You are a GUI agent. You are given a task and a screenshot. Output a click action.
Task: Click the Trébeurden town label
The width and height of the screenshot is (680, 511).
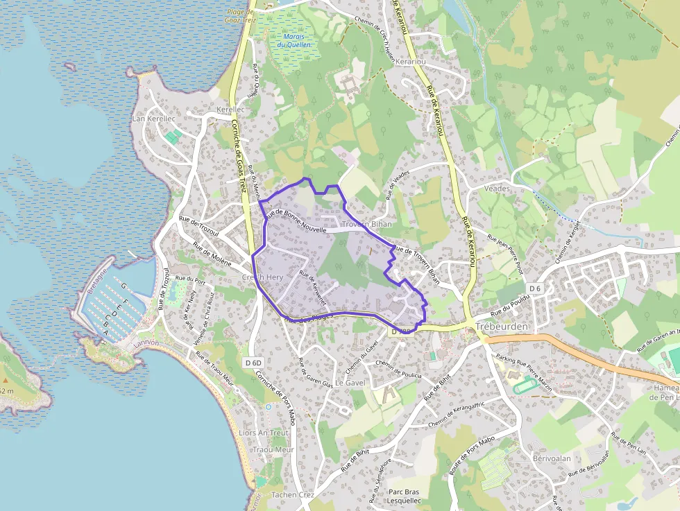point(502,327)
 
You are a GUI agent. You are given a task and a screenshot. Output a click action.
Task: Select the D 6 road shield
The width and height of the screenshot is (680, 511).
point(534,288)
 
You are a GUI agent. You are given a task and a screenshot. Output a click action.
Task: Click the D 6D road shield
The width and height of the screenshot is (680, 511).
point(254,363)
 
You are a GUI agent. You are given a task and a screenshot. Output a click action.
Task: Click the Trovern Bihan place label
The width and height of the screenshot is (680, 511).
point(366,224)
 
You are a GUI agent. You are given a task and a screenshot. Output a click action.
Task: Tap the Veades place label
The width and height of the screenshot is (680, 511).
point(497,188)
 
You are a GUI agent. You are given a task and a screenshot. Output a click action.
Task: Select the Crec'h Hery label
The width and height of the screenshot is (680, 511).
point(262,277)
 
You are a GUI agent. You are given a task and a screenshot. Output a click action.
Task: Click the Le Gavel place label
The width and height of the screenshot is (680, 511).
point(350,382)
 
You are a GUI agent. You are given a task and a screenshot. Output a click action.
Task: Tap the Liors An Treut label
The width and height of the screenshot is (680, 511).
point(263,433)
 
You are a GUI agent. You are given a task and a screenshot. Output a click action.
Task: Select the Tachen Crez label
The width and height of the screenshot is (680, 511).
point(293,494)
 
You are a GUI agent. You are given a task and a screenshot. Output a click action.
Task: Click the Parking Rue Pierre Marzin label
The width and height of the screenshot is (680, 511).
point(525,373)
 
